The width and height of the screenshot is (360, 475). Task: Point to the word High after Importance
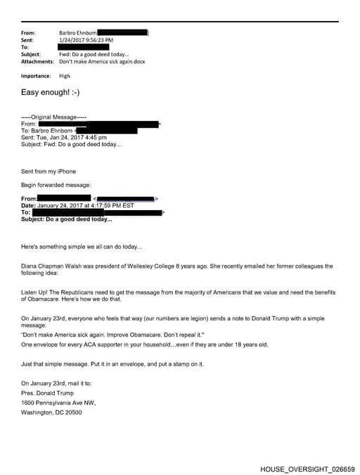tap(65, 76)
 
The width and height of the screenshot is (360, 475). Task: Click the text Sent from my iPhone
tap(49, 171)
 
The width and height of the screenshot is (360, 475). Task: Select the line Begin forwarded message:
tap(56, 184)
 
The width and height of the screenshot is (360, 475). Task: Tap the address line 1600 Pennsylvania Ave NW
tap(58, 403)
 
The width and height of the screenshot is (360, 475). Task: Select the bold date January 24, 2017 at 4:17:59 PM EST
tap(85, 205)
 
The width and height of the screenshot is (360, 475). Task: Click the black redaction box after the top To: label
tap(83, 47)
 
